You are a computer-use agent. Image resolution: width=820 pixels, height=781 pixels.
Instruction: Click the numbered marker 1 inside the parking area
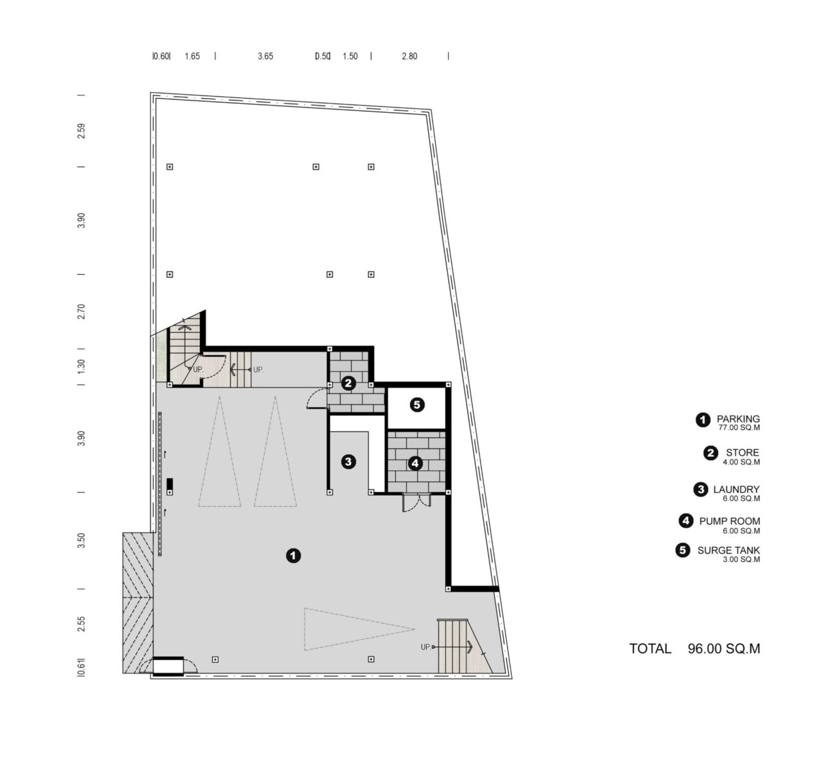tap(293, 555)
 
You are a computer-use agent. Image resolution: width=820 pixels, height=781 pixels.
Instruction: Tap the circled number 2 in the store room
tap(348, 383)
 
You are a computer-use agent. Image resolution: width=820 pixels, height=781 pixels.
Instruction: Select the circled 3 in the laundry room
tap(348, 461)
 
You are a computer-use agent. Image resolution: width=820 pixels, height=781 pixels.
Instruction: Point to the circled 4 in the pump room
tap(414, 463)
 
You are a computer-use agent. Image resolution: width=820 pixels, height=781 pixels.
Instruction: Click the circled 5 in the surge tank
tap(417, 404)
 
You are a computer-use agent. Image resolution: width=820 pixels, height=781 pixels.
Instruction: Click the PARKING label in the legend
tap(738, 418)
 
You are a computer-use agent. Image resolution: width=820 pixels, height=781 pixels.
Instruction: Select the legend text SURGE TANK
tap(728, 550)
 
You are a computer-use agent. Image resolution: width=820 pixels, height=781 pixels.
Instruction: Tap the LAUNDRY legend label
tap(736, 489)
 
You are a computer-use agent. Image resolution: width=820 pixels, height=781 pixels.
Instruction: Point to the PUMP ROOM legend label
tap(730, 521)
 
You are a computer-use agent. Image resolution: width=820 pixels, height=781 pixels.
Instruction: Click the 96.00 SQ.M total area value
tap(724, 648)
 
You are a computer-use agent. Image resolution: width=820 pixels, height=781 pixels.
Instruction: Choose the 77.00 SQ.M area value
tap(739, 427)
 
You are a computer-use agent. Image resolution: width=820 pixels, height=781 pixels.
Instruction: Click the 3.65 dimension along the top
tap(265, 56)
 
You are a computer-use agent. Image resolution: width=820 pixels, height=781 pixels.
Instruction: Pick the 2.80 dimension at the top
tap(409, 56)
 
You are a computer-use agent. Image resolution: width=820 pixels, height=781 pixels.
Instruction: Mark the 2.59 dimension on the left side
tap(81, 131)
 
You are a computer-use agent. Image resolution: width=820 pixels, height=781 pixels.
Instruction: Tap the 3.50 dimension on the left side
tap(81, 540)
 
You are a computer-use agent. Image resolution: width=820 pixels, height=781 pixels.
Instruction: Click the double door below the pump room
tap(416, 502)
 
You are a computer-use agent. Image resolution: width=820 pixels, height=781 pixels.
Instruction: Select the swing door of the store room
tap(317, 399)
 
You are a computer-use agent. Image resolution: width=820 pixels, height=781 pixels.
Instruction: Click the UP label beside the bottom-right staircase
tap(425, 647)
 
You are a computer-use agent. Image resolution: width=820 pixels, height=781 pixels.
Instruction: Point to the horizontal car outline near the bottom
tap(359, 629)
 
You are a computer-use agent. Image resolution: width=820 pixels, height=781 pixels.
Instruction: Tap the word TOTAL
tap(650, 648)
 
